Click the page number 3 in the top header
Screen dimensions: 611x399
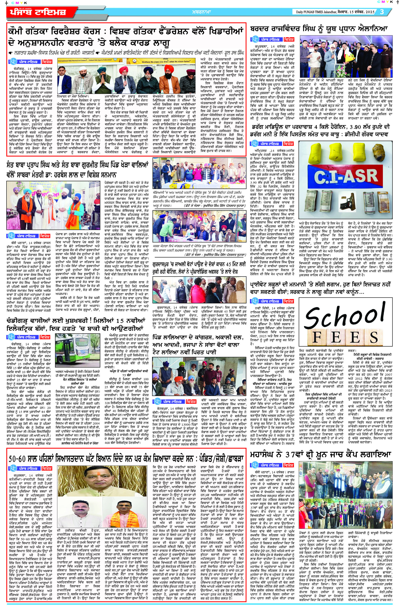pyautogui.click(x=382, y=12)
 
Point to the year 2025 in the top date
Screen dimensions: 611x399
pyautogui.click(x=369, y=12)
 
